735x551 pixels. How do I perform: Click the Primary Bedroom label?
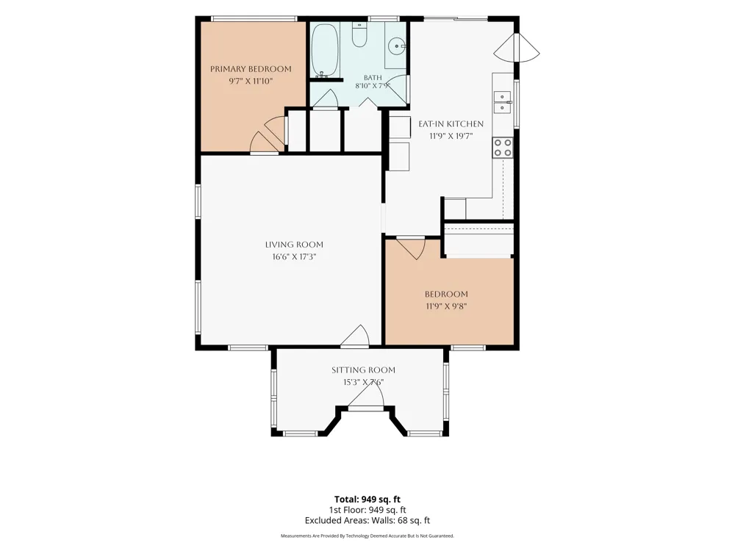[x=251, y=69]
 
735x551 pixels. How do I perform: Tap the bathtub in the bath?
[x=325, y=50]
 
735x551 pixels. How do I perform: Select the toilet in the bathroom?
[x=359, y=35]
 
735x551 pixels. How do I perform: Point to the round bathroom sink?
[x=397, y=46]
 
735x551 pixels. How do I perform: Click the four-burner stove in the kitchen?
[x=503, y=147]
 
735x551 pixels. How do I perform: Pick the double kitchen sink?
[x=503, y=102]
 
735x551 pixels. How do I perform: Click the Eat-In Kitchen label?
[x=451, y=123]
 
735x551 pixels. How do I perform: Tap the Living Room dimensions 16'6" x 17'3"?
[x=295, y=256]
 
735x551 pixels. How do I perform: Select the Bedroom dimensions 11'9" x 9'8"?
[x=446, y=306]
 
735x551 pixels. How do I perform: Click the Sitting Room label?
[x=363, y=370]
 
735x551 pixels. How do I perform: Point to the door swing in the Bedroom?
[x=411, y=248]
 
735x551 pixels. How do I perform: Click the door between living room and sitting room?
[x=355, y=336]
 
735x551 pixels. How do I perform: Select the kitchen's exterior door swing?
[x=517, y=47]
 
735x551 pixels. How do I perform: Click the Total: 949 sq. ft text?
[x=367, y=499]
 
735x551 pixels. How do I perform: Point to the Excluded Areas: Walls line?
[x=367, y=520]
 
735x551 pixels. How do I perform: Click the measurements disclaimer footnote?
[x=367, y=536]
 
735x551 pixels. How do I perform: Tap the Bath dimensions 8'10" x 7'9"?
[x=373, y=86]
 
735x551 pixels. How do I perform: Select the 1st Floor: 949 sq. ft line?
[x=367, y=510]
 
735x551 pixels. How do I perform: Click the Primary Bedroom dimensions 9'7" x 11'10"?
[x=251, y=81]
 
